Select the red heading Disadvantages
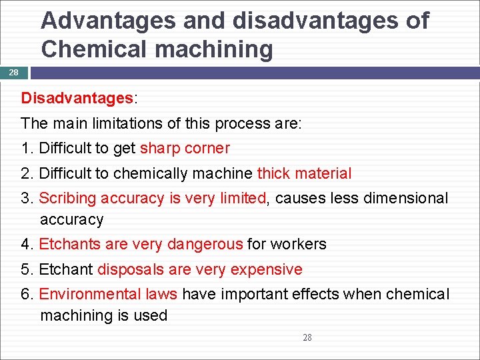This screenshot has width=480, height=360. [77, 98]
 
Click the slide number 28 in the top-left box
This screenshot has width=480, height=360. [14, 73]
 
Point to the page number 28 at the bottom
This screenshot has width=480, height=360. [307, 337]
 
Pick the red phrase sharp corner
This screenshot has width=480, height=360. [185, 148]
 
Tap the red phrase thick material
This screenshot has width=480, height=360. [304, 173]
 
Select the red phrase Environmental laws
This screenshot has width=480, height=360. [108, 294]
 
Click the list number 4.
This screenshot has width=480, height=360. [26, 244]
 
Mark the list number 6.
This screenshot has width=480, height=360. [26, 294]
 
